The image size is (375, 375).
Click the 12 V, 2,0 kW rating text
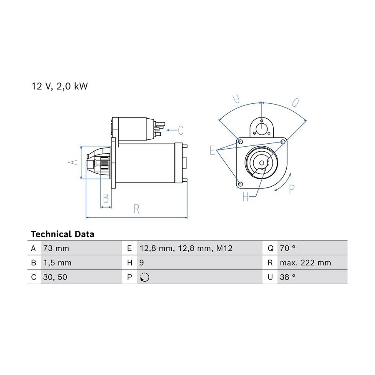pyautogui.click(x=60, y=86)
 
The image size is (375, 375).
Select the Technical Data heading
pyautogui.click(x=62, y=234)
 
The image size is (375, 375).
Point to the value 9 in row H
pyautogui.click(x=142, y=263)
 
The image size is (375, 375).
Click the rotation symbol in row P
pyautogui.click(x=145, y=277)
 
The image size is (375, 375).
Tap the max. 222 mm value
pyautogui.click(x=305, y=263)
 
